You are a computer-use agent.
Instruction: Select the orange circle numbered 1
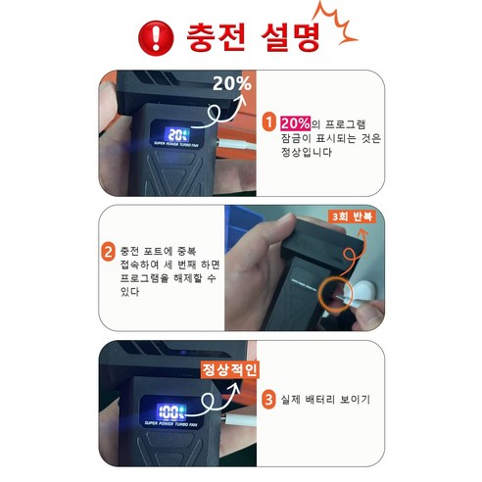[x=270, y=123]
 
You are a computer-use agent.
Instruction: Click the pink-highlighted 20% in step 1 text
[x=296, y=123]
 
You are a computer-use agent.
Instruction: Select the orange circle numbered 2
[x=109, y=251]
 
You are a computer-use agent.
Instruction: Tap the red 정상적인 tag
[x=229, y=370]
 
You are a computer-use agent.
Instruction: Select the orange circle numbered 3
[x=270, y=401]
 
